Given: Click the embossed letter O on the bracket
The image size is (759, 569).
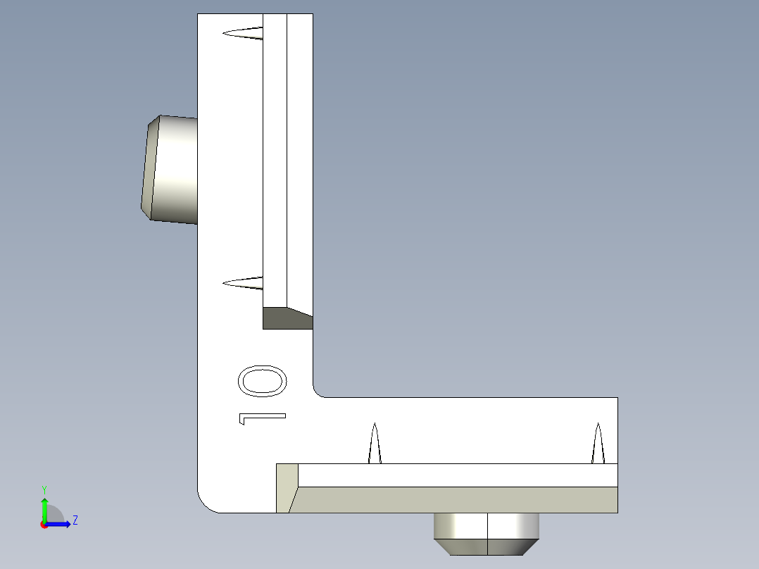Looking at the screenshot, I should pos(263,382).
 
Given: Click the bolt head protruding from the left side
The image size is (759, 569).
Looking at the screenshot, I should pos(172,169).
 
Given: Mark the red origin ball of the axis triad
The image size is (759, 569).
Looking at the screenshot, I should pos(44,525).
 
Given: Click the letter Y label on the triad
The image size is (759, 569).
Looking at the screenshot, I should pos(44,489).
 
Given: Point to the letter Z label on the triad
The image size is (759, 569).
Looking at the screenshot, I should pos(75,521).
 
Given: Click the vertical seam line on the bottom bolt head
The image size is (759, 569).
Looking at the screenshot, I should pos(487,534).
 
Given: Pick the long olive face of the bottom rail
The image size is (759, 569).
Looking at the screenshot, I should pos(458,499).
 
